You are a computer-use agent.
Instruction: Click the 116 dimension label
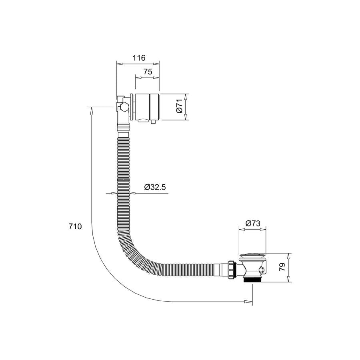coord(139,58)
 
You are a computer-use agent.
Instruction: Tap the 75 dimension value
coord(148,72)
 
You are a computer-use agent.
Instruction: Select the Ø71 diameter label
coord(179,106)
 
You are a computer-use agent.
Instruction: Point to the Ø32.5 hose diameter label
coord(155,187)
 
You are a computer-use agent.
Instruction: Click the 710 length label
coord(75,226)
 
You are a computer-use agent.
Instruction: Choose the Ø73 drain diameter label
coord(252,223)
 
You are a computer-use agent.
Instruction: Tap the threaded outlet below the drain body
coord(252,280)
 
